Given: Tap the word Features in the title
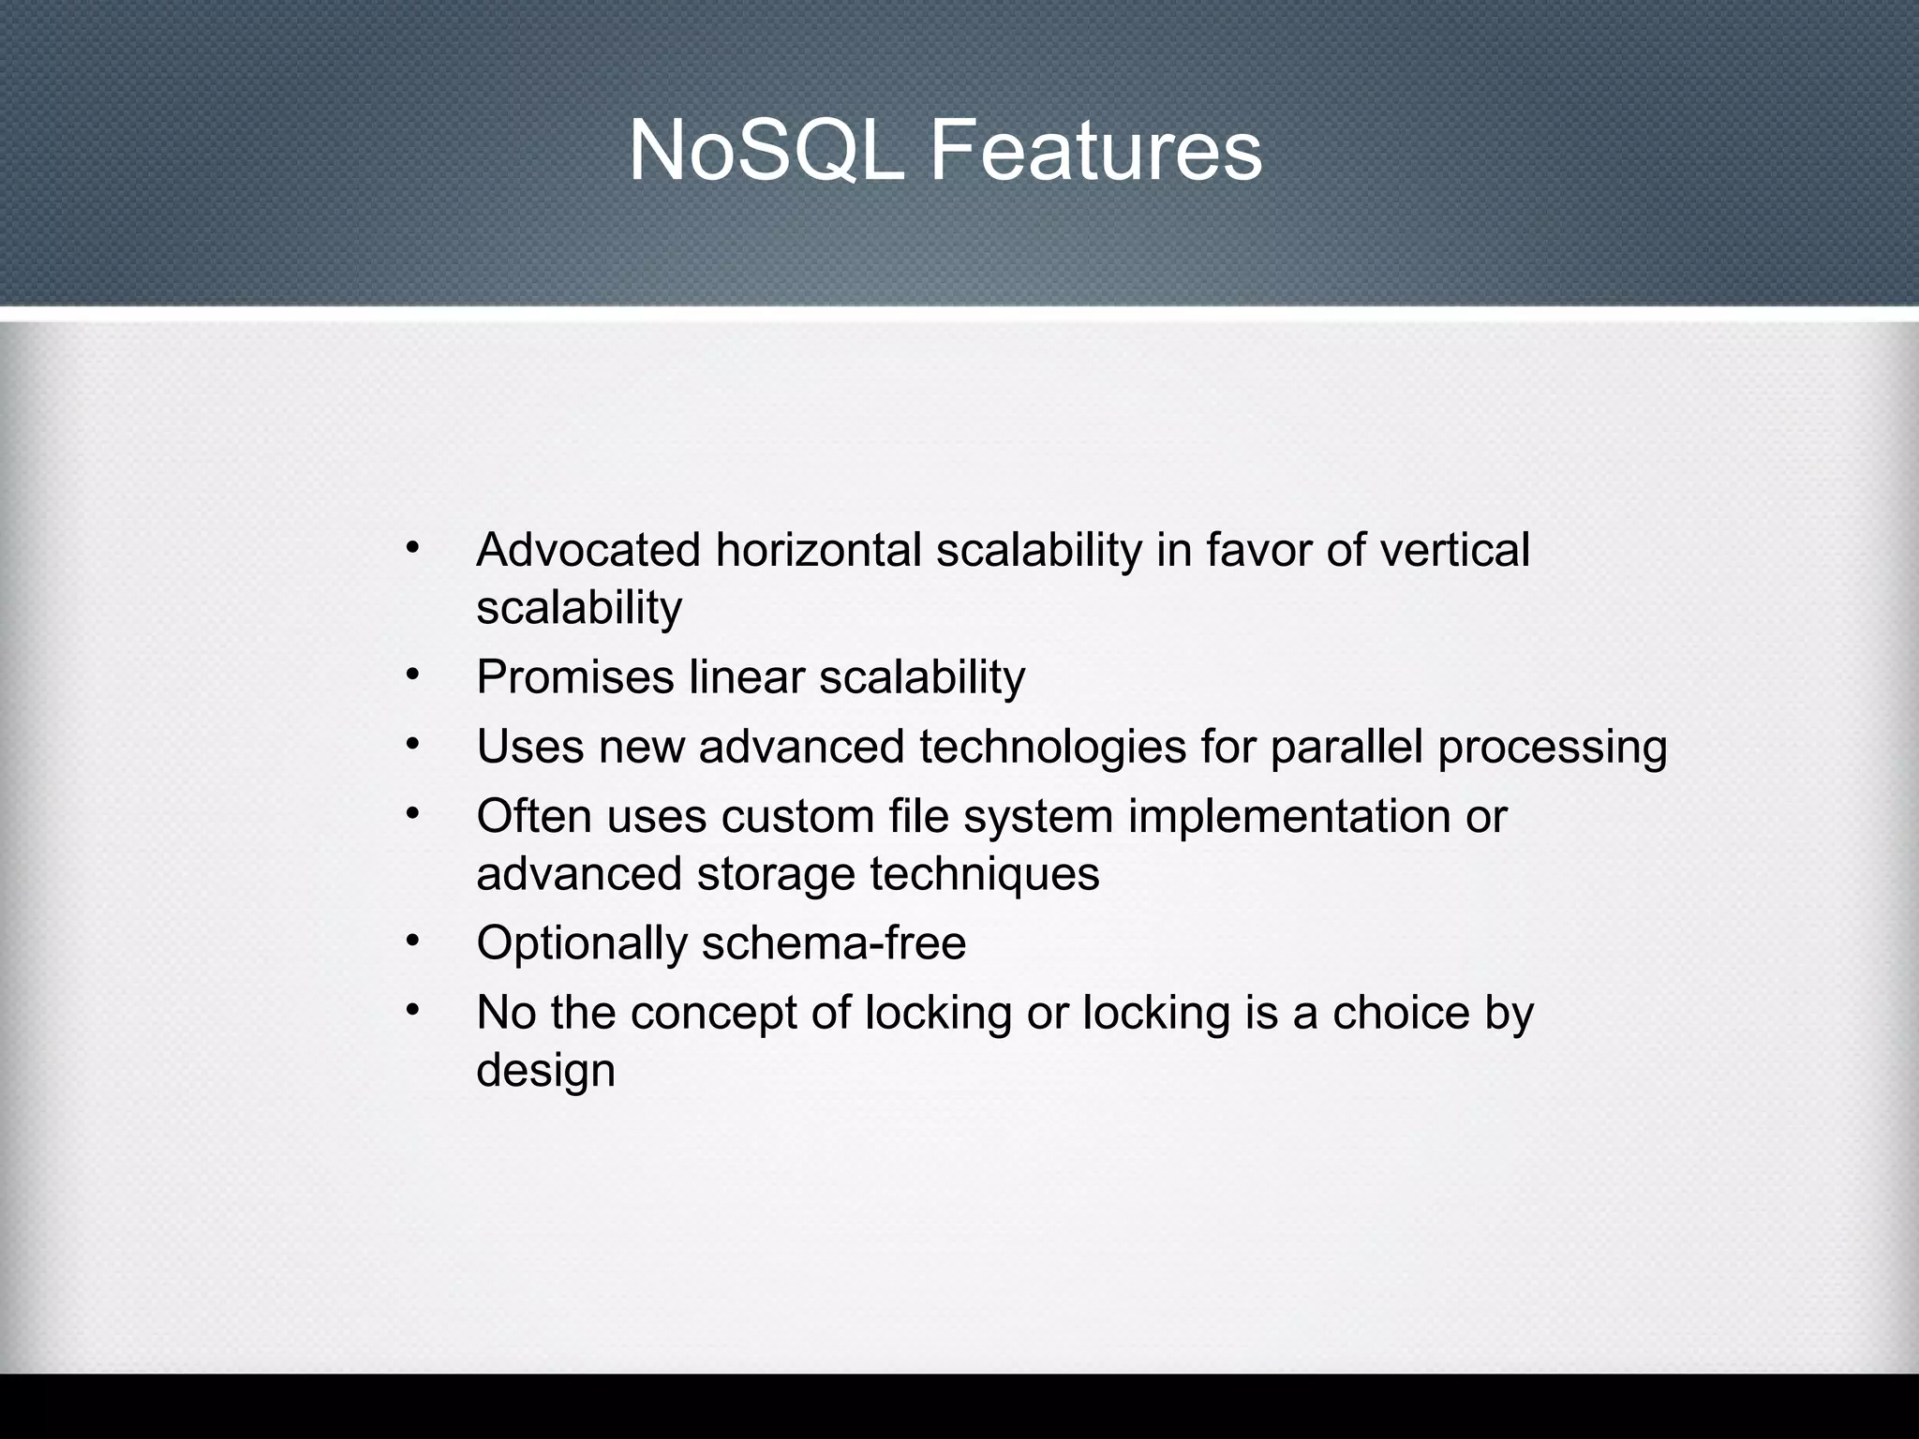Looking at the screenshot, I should pyautogui.click(x=1095, y=152).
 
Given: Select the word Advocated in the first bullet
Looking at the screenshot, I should pyautogui.click(x=588, y=550).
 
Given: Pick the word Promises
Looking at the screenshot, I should pyautogui.click(x=574, y=676).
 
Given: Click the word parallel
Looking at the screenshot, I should pyautogui.click(x=1346, y=747).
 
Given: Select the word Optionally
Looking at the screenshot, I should pyautogui.click(x=582, y=943).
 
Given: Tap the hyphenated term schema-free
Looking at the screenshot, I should pyautogui.click(x=833, y=942).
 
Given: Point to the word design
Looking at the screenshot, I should pyautogui.click(x=545, y=1071).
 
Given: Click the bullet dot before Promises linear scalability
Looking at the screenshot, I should pyautogui.click(x=411, y=675).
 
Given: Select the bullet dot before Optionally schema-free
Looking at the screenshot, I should pyautogui.click(x=411, y=941).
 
